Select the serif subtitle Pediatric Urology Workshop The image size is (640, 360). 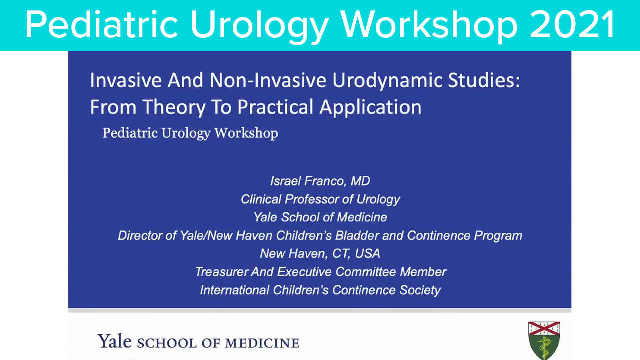tap(190, 133)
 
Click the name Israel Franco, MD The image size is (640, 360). tap(320, 181)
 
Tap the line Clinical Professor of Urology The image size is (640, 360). tap(320, 199)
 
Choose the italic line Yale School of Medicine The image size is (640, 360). tap(320, 217)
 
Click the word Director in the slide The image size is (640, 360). tap(139, 235)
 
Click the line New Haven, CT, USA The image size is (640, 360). tap(320, 253)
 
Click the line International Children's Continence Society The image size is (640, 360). tap(320, 290)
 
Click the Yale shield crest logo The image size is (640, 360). tap(544, 340)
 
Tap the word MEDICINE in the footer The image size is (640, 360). tap(262, 343)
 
